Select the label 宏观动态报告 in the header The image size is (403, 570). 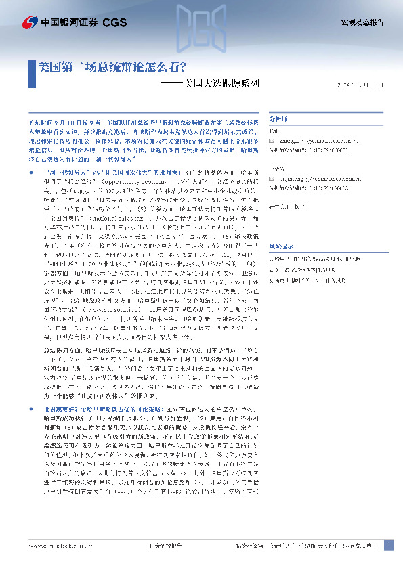[362, 22]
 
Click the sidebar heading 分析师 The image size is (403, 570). [278, 116]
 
